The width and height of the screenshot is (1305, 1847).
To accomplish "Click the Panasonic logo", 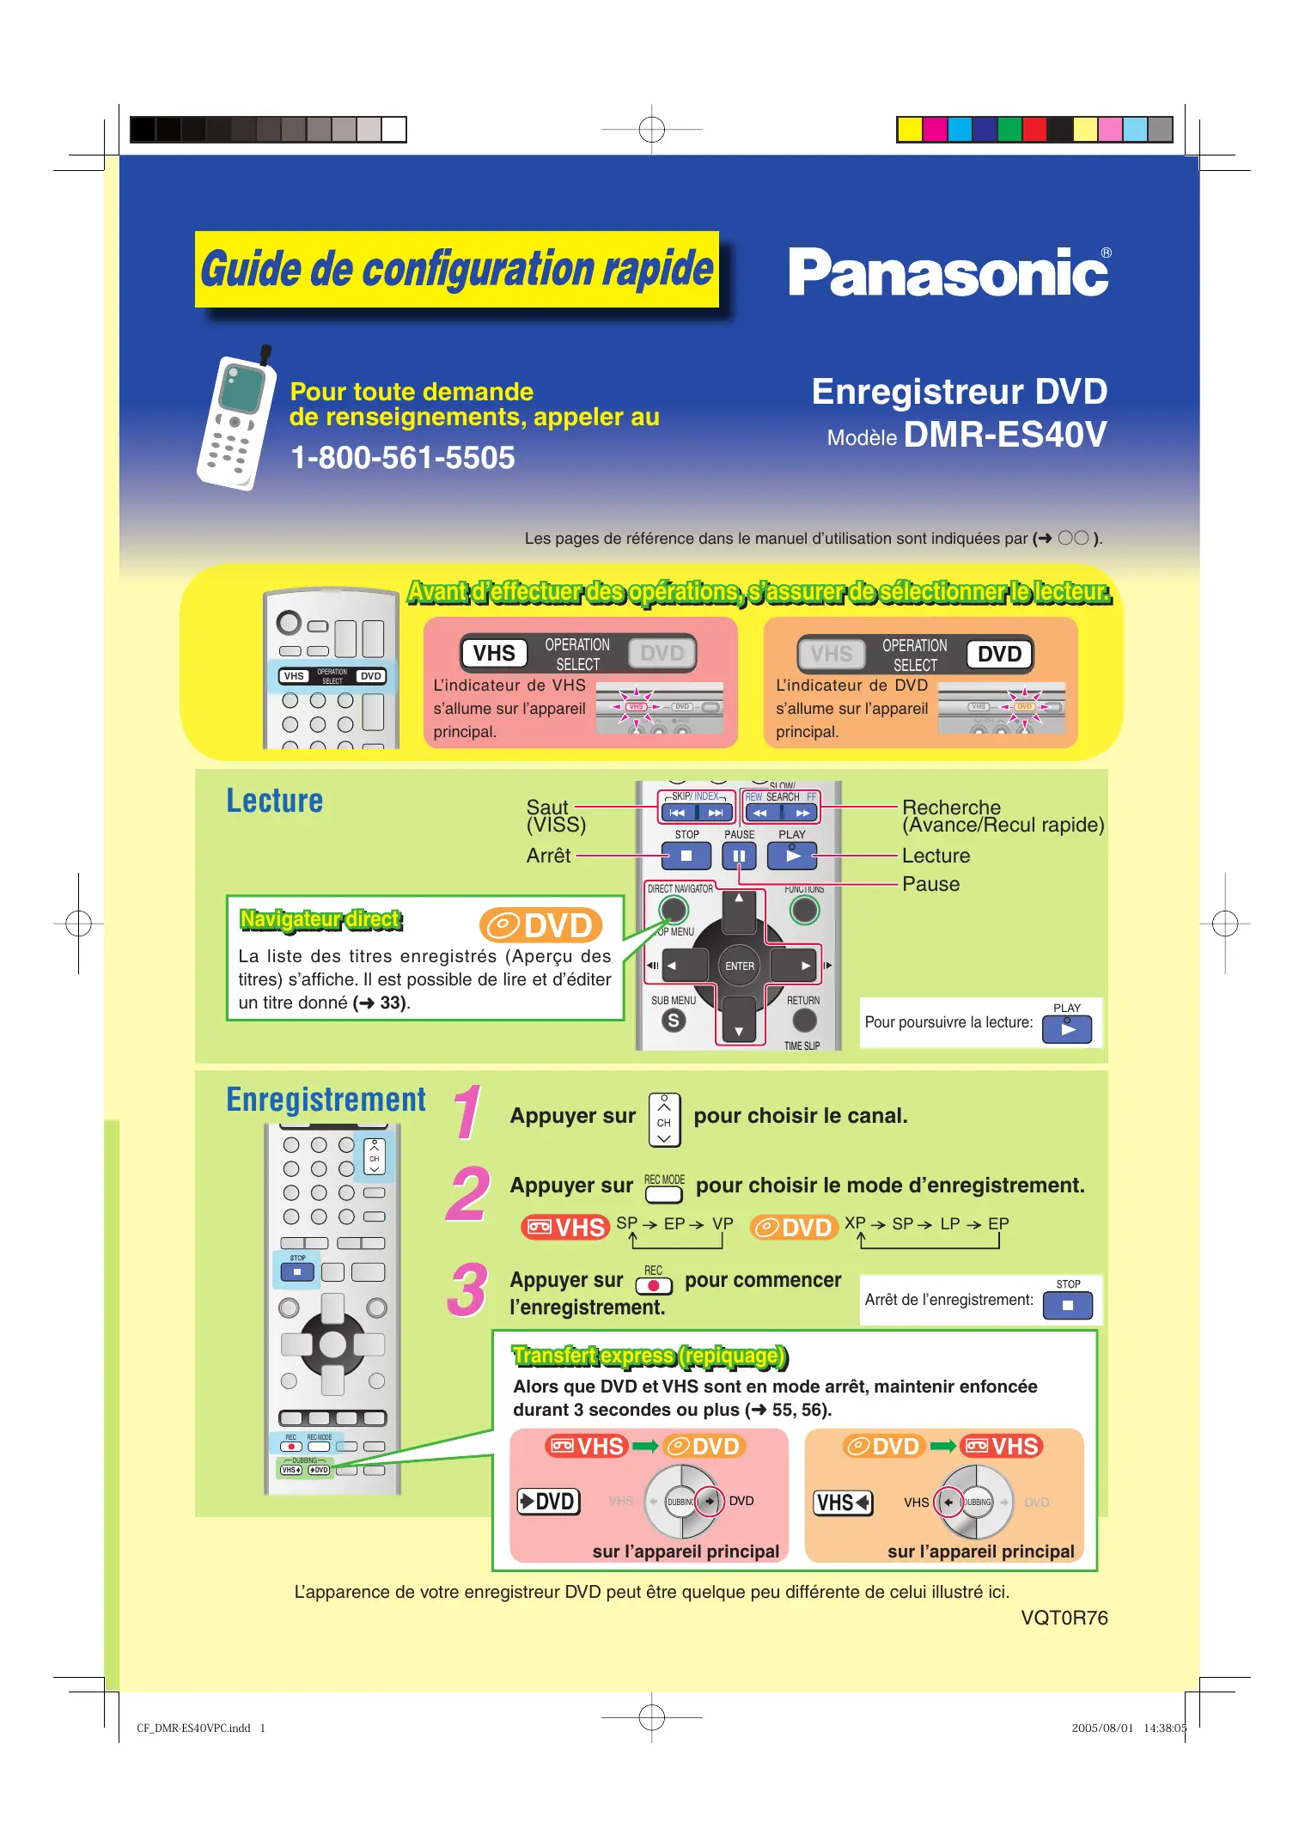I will coord(948,273).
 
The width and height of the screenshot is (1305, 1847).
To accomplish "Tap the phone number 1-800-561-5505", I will coord(402,458).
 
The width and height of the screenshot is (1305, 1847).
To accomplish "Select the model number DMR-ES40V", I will coord(1004,435).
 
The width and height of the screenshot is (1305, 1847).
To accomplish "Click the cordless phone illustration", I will coord(234,423).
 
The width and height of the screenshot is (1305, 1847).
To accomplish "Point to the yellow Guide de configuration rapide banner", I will coord(456,269).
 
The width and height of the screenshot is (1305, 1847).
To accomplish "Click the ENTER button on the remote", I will coord(739,966).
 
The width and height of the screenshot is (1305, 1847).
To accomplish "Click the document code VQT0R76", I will coord(1064,1618).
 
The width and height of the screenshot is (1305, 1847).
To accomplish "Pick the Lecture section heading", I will coord(274,801).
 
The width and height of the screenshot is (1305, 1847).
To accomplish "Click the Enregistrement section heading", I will coord(326,1100).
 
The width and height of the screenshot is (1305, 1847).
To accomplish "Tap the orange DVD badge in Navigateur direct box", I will coord(540,925).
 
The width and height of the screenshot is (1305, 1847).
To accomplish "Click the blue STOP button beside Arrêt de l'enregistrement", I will coord(1067,1305).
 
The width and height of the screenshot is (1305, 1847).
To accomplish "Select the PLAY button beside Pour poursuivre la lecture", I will coord(1066,1028).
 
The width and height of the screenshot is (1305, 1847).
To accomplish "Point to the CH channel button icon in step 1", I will coord(664,1120).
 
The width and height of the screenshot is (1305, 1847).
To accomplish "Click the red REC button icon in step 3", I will coord(653,1285).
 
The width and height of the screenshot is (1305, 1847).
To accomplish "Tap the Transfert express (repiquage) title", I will coord(649,1356).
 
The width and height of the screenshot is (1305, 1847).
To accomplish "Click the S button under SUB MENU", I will coord(674,1021).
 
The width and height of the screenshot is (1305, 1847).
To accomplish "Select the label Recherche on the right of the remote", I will coord(951,808).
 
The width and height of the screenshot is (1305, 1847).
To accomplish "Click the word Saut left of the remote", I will coord(547,808).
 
